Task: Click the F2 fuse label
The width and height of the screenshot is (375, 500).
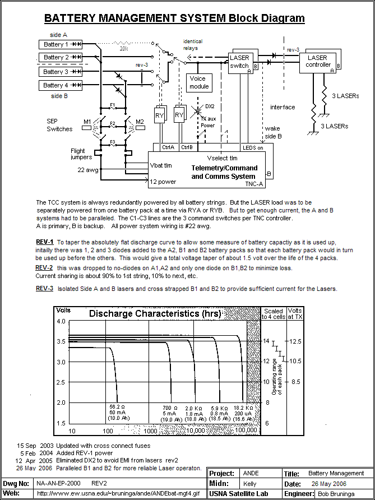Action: point(112,123)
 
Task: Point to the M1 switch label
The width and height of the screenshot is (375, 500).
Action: point(87,121)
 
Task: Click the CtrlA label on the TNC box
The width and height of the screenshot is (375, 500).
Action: point(168,147)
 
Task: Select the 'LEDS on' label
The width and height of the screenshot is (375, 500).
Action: point(252,147)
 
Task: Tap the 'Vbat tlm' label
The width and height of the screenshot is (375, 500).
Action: point(161,165)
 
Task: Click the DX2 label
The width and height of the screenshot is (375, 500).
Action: point(210,106)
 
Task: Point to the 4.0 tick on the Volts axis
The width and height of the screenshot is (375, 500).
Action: point(61,321)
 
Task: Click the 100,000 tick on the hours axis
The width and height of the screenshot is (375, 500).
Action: point(246,430)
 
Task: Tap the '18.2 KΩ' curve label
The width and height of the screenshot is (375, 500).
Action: point(243,408)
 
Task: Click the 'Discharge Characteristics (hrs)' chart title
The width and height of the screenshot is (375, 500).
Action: point(155,313)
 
